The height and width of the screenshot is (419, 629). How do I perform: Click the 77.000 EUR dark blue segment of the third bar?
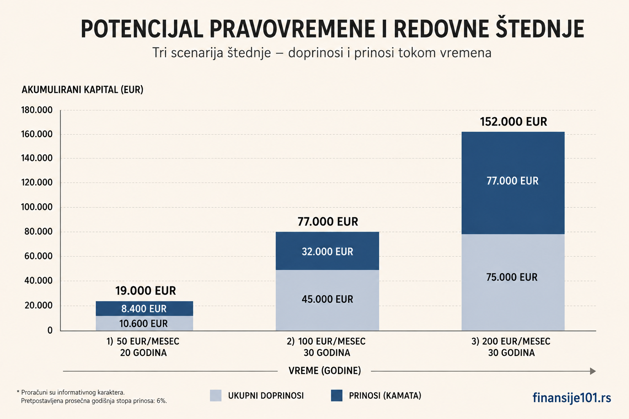pyautogui.click(x=513, y=183)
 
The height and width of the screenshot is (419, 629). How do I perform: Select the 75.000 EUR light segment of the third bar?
pyautogui.click(x=513, y=282)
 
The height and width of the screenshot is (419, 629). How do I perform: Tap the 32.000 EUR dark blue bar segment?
pyautogui.click(x=327, y=251)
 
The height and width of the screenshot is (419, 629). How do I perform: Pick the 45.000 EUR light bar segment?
pyautogui.click(x=327, y=300)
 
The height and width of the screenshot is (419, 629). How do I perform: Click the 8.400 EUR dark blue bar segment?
pyautogui.click(x=144, y=309)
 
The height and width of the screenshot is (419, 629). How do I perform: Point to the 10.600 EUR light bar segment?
pyautogui.click(x=144, y=323)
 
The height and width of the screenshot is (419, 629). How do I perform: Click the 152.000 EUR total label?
pyautogui.click(x=513, y=122)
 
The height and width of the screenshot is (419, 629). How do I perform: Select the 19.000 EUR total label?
pyautogui.click(x=145, y=291)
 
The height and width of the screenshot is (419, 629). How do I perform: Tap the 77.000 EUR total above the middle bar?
pyautogui.click(x=328, y=222)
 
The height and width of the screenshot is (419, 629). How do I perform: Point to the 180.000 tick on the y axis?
pyautogui.click(x=37, y=110)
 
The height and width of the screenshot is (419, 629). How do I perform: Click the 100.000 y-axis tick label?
pyautogui.click(x=37, y=207)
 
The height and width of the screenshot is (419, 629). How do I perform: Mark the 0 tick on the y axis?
pyautogui.click(x=50, y=330)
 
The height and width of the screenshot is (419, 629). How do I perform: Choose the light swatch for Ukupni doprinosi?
pyautogui.click(x=216, y=395)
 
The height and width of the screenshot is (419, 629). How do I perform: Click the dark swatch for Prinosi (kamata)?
pyautogui.click(x=337, y=395)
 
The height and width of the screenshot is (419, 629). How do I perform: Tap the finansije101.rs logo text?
pyautogui.click(x=572, y=398)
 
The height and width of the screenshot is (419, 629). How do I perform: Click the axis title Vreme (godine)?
pyautogui.click(x=325, y=371)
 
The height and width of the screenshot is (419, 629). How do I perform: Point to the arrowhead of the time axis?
pyautogui.click(x=593, y=371)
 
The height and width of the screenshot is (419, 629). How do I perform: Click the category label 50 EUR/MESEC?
pyautogui.click(x=148, y=342)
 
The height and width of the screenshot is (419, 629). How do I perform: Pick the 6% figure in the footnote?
pyautogui.click(x=161, y=401)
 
